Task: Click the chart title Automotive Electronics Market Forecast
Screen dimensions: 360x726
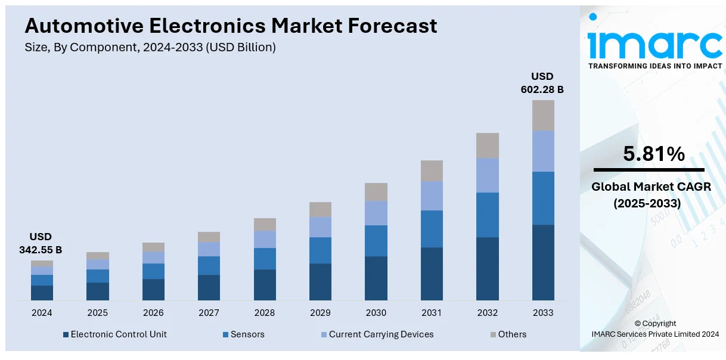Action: pos(231,26)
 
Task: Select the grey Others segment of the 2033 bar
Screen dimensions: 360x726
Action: pos(543,115)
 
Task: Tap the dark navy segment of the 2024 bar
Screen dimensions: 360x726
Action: pos(42,293)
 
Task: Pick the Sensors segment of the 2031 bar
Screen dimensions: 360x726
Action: pos(432,228)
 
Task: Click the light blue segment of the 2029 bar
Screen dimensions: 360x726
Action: pos(320,226)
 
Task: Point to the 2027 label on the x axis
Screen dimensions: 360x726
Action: pos(209,313)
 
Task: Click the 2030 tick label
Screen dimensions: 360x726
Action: pos(376,313)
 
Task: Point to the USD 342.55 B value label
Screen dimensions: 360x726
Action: pos(41,243)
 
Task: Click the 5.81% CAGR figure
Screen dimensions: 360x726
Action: pos(654,154)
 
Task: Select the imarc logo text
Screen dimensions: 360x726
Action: pos(654,43)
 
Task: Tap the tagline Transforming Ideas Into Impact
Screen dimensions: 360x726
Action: pos(655,66)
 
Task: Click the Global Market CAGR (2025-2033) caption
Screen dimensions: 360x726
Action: pos(651,195)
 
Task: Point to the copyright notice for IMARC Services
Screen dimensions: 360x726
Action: pos(655,329)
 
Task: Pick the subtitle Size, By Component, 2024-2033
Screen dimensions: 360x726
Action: pos(150,48)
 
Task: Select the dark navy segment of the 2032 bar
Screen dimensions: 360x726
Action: pos(488,268)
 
